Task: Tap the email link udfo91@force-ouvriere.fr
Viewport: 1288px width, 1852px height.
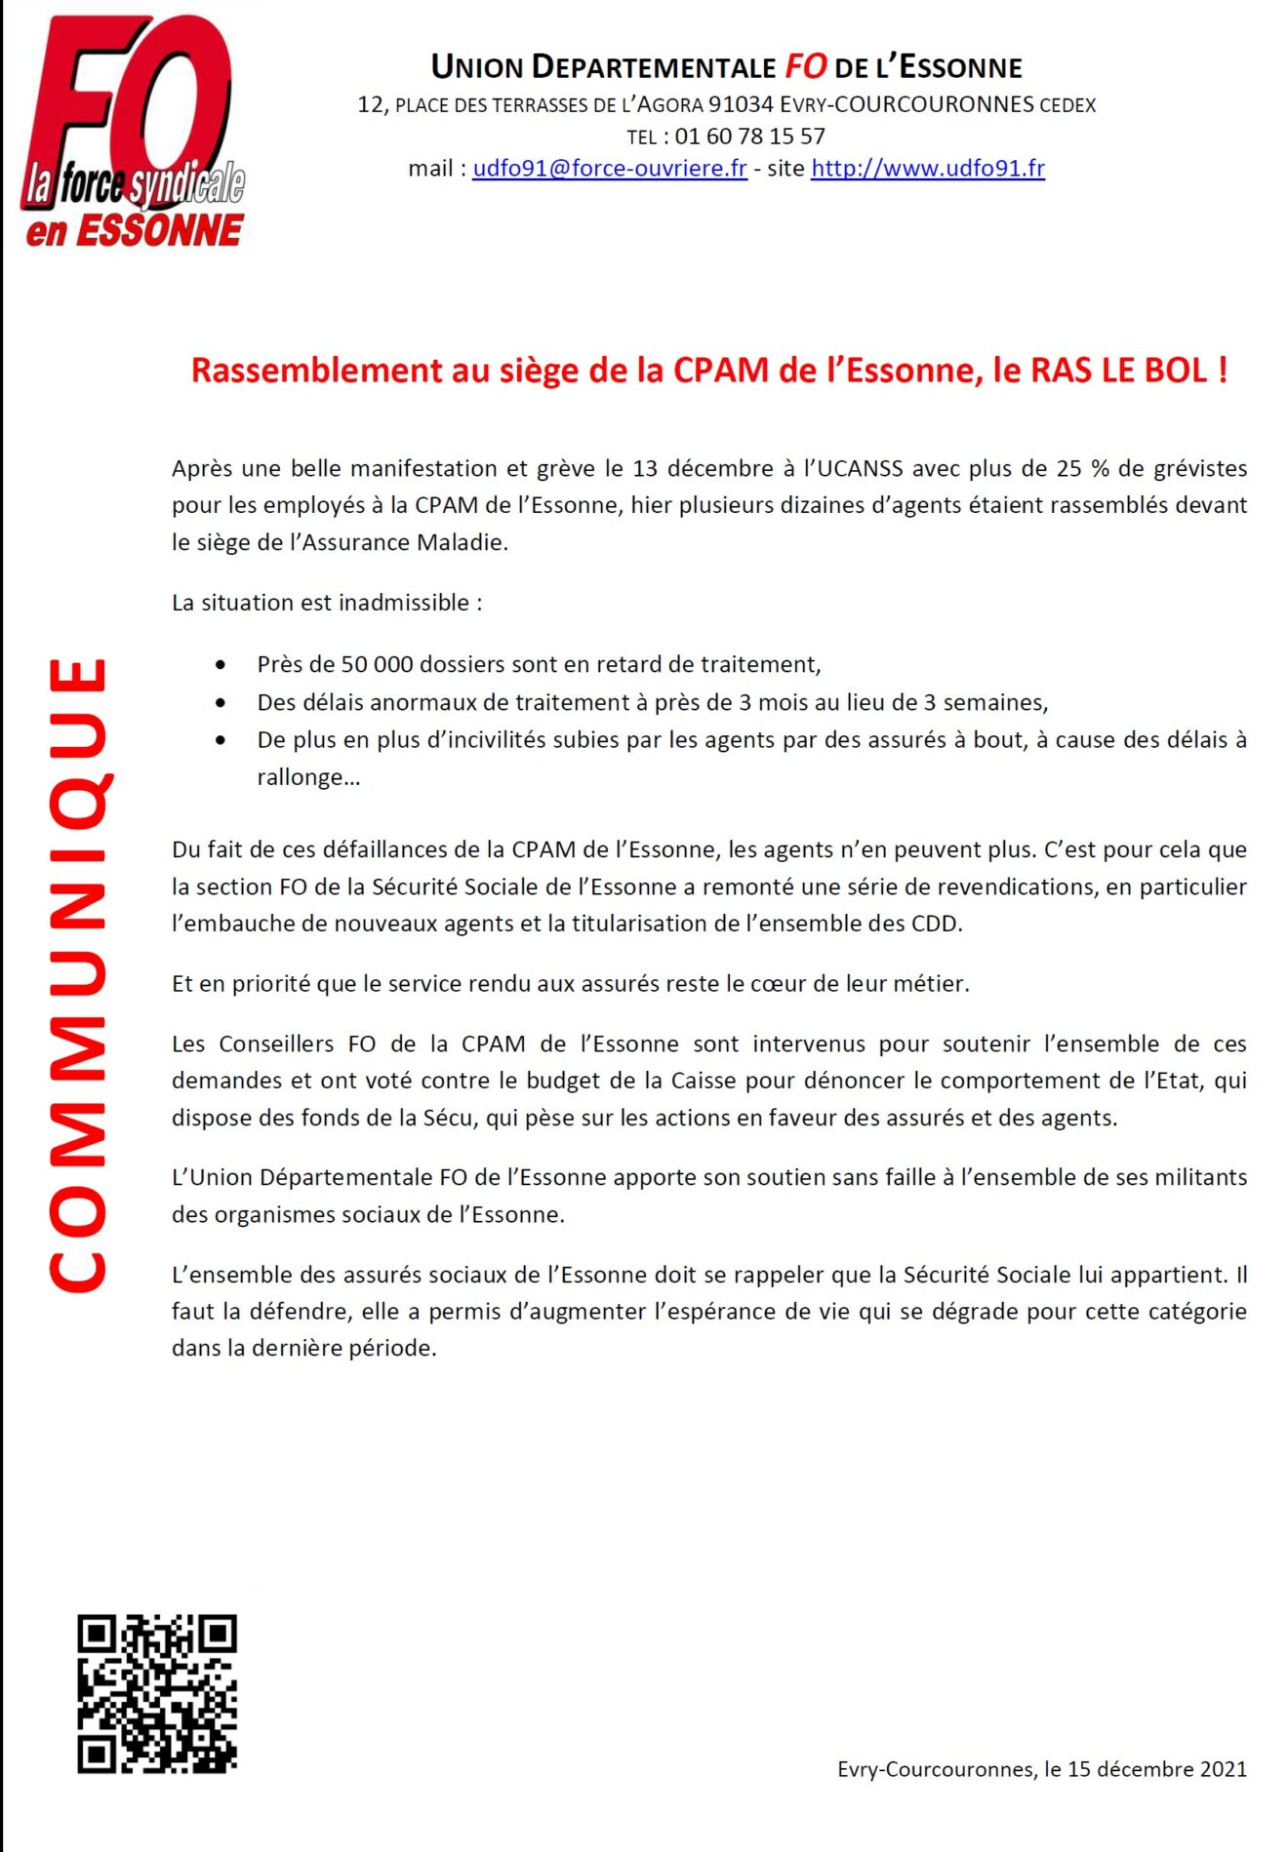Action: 609,169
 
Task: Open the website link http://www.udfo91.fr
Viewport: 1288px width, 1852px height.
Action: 927,169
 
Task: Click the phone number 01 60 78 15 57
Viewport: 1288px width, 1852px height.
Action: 749,137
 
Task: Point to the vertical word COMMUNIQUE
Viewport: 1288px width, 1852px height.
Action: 78,975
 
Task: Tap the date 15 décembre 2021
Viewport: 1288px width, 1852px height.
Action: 1156,1768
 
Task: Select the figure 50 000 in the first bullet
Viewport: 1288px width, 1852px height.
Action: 377,664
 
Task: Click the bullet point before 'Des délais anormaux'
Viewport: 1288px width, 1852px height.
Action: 221,702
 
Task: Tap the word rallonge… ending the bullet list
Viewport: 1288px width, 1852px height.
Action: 308,777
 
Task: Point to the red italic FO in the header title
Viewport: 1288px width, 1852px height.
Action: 806,66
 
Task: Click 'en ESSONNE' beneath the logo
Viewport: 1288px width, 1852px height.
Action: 135,231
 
